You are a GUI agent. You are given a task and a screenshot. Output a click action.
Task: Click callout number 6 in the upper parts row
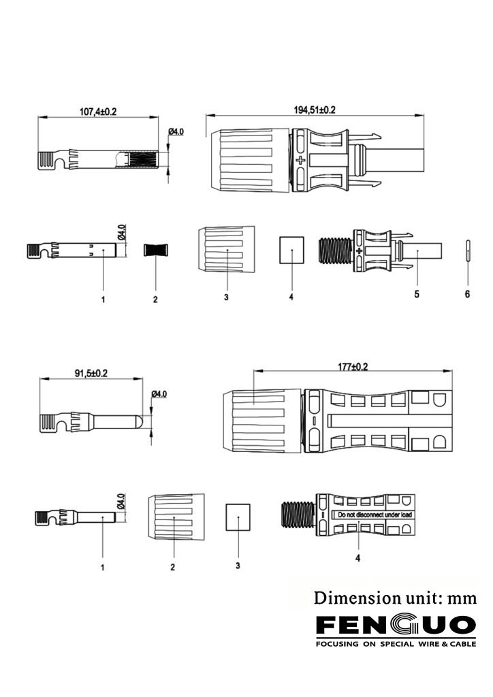(468, 294)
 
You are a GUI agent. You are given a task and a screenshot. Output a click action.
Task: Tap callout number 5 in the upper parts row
(417, 294)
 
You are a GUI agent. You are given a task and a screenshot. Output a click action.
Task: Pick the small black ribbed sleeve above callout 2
(155, 249)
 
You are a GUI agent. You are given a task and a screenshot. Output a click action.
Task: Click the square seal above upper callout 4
(291, 250)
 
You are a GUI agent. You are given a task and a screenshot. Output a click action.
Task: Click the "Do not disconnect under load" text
(372, 515)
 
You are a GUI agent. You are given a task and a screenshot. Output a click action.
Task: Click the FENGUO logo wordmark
(395, 625)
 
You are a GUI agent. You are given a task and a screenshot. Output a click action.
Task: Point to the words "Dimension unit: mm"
(395, 598)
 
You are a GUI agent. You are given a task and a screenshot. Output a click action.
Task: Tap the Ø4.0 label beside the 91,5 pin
(159, 394)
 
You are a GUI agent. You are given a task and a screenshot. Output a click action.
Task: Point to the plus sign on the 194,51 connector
(300, 161)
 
